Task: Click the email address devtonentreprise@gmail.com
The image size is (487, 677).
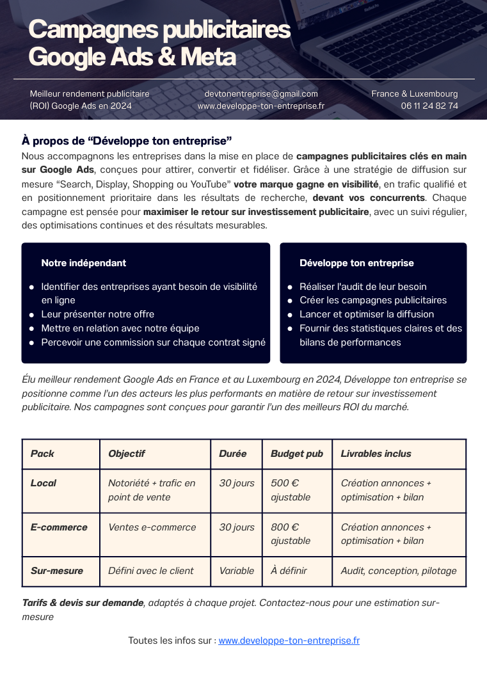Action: (261, 93)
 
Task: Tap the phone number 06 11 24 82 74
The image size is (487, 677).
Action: (429, 106)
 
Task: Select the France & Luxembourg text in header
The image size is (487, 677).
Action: (415, 93)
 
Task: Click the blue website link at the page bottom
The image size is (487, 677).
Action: (289, 640)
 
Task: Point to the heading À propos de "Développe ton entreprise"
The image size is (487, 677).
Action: (127, 140)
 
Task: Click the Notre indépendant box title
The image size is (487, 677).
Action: (83, 263)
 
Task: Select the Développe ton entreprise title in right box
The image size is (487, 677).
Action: (356, 263)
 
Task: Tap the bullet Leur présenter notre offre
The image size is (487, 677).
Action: (97, 314)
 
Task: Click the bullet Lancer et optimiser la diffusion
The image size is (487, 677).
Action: (367, 314)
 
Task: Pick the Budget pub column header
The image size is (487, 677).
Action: (297, 454)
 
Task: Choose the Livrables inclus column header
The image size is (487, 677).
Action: (376, 454)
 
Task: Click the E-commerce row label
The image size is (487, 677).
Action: (59, 527)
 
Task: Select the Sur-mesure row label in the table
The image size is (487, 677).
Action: (57, 571)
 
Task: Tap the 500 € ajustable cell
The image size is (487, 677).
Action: (291, 490)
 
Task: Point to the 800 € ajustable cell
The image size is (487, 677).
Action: (291, 534)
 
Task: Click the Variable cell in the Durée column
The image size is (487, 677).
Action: (236, 571)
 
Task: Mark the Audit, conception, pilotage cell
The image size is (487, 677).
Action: (399, 571)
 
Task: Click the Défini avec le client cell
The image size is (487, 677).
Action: (150, 571)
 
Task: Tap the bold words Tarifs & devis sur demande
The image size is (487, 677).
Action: (83, 603)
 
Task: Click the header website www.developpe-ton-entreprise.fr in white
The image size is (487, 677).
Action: (261, 106)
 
